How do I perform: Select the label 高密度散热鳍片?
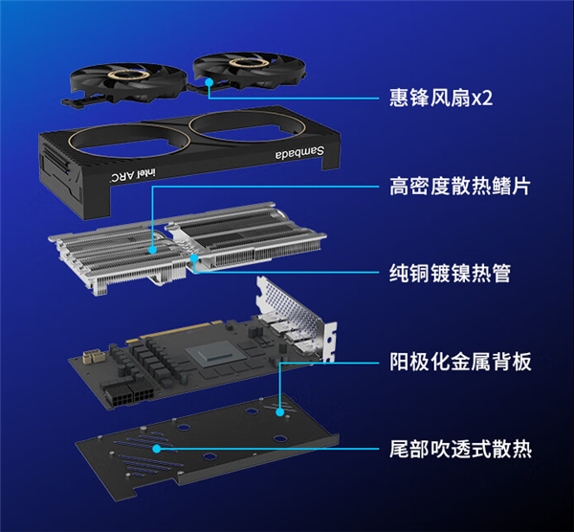click(459, 185)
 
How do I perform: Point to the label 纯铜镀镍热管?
click(450, 273)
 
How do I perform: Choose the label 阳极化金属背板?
click(459, 361)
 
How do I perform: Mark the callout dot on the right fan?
click(209, 84)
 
